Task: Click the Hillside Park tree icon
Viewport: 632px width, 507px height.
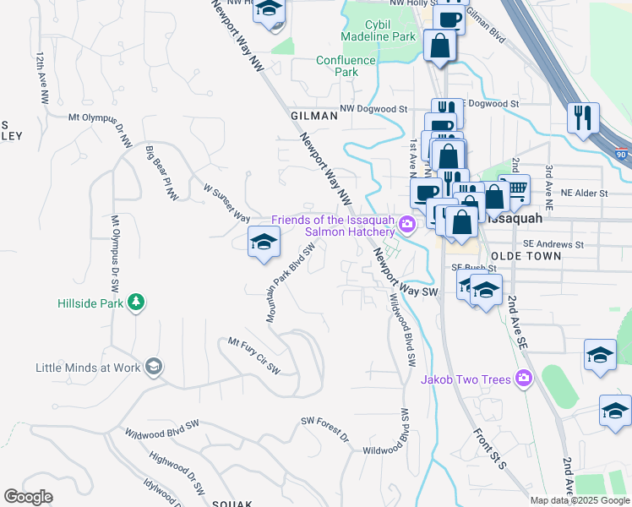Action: (135, 303)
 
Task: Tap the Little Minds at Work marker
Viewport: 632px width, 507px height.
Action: (154, 367)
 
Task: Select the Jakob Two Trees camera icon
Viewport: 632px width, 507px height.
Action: (524, 379)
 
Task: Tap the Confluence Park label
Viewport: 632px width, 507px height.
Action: (346, 66)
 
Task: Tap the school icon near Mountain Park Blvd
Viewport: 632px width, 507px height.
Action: (264, 243)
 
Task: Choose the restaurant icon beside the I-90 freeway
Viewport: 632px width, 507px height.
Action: (583, 118)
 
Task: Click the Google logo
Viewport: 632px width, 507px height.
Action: (29, 497)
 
